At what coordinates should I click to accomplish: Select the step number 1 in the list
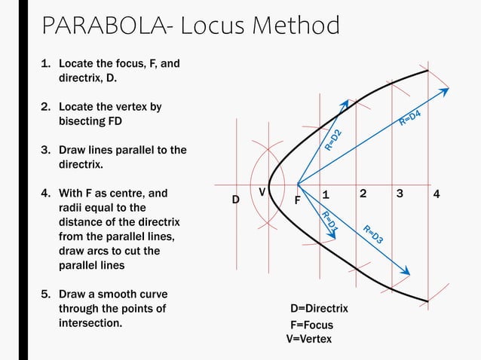(44, 63)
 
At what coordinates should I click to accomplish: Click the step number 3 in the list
(44, 150)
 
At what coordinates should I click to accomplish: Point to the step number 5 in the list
(44, 294)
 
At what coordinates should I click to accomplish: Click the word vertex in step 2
(130, 107)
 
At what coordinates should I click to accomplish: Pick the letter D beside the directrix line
(235, 200)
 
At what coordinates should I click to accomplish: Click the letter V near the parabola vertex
(262, 193)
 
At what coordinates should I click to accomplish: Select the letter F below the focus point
(298, 201)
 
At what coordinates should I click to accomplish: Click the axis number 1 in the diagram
(326, 194)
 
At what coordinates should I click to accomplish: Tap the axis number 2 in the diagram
(363, 194)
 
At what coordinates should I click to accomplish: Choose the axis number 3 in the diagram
(400, 194)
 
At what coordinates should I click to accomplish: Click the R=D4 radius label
(409, 117)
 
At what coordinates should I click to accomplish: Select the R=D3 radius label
(374, 234)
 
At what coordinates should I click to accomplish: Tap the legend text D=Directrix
(319, 309)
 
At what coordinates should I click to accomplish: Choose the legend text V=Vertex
(308, 339)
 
